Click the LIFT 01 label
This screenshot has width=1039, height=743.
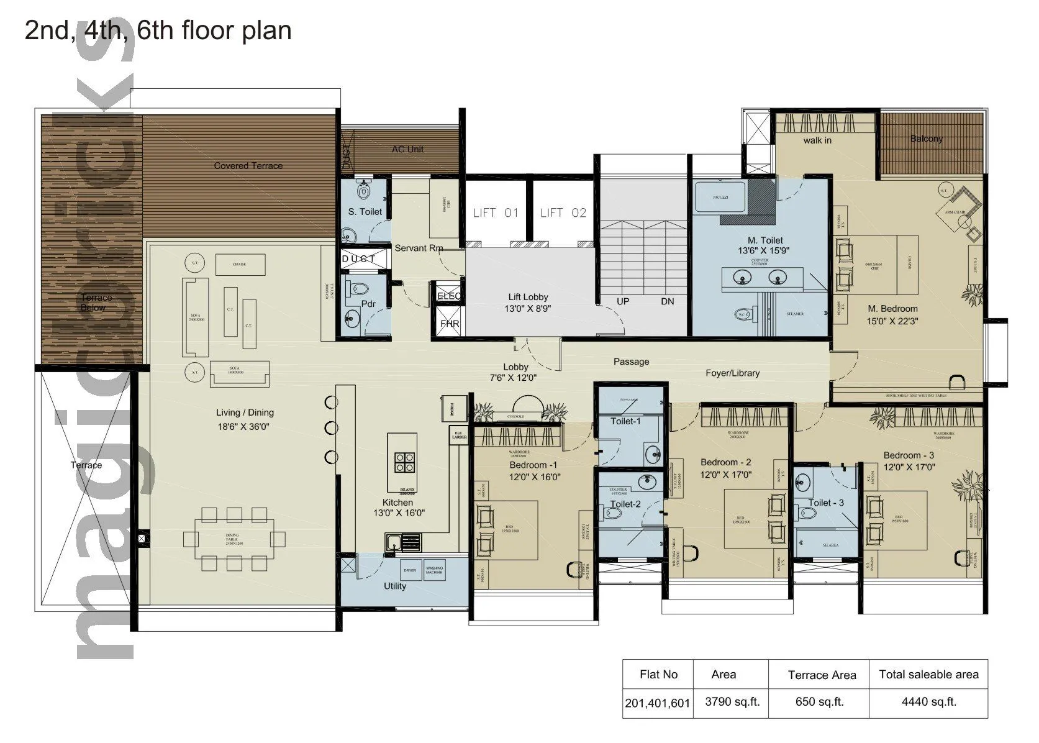pos(496,213)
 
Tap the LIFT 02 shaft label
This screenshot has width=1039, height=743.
pos(563,213)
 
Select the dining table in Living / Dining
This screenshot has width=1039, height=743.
pos(232,538)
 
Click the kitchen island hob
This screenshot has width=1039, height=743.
pos(405,463)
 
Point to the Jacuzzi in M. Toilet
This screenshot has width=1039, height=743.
pos(720,197)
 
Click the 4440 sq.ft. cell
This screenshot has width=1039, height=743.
pos(928,702)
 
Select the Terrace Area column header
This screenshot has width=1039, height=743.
pos(822,675)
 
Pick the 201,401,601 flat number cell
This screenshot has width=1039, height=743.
pos(657,703)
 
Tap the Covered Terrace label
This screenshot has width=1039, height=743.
pos(248,166)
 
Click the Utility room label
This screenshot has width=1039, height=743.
pos(395,586)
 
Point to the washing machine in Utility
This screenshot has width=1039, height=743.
pos(434,570)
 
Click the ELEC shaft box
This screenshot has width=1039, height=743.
pos(449,296)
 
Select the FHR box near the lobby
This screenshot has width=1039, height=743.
pos(449,324)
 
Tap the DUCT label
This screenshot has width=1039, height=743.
pos(359,258)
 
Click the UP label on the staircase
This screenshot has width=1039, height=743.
pos(623,301)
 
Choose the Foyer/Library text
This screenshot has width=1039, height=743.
pos(732,373)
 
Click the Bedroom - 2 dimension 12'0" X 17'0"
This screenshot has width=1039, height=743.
pos(726,475)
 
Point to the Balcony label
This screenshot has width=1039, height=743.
pos(926,139)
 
